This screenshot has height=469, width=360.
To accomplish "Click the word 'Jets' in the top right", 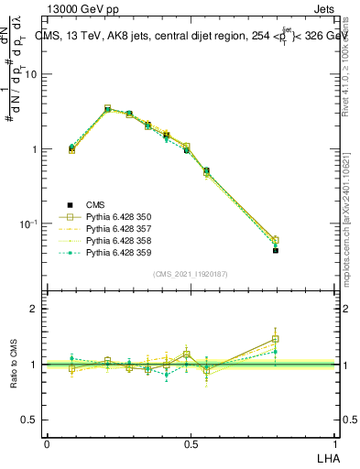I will click(x=322, y=10).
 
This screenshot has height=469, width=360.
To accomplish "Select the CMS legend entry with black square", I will click(x=96, y=204).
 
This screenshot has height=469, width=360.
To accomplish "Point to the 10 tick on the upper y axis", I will click(x=32, y=75).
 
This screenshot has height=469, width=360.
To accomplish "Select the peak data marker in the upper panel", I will click(x=108, y=108).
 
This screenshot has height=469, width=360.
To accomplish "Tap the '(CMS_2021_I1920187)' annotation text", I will click(x=191, y=273).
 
